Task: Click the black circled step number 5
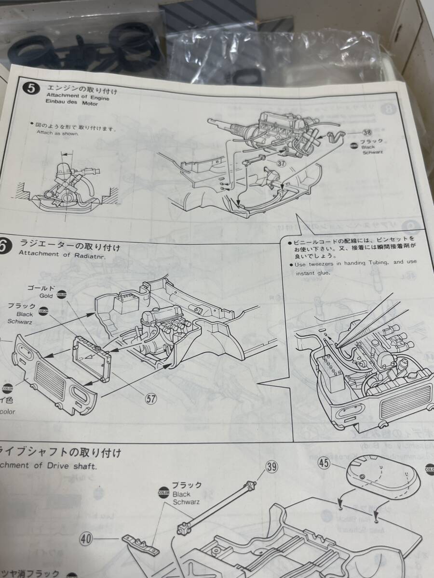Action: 32,90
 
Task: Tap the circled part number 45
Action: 324,464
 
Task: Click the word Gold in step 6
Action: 45,296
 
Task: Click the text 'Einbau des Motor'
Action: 72,104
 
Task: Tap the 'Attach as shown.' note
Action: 57,133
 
